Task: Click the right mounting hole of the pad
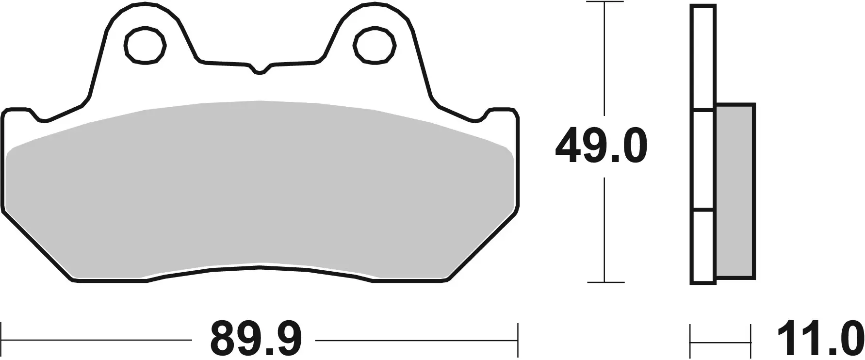click(374, 46)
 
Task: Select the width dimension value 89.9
click(256, 338)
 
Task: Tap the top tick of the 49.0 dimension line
click(604, 2)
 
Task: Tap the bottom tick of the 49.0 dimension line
click(604, 282)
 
